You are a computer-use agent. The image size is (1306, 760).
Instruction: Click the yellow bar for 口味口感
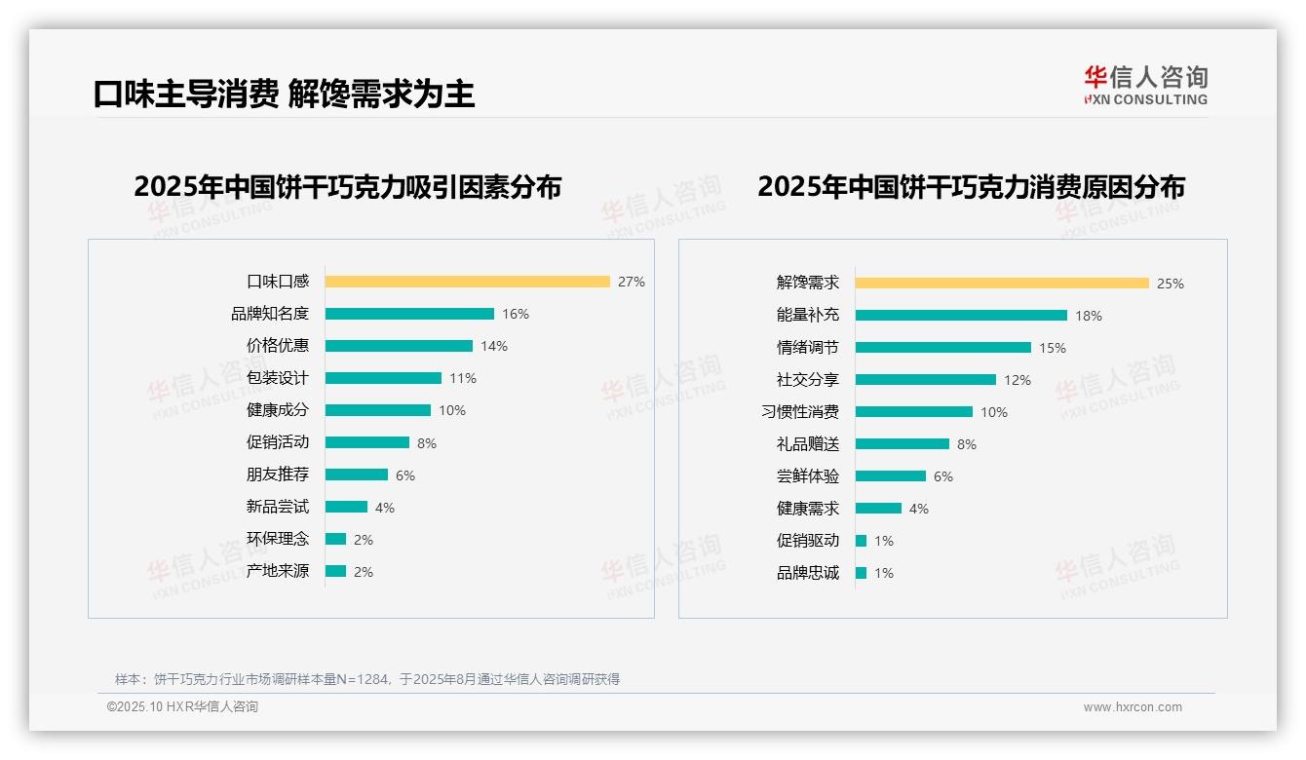467,282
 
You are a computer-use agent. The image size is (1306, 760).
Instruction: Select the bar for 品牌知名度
409,314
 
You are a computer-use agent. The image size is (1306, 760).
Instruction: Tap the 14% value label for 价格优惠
494,346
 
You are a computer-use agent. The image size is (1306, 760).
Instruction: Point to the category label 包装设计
277,378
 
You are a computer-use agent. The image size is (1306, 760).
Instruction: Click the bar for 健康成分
377,410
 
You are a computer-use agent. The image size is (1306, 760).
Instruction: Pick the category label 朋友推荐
277,475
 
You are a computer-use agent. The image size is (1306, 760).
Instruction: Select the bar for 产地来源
335,571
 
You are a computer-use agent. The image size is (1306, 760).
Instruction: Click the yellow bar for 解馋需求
1002,284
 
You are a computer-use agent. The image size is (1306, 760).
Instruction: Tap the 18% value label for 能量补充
1089,316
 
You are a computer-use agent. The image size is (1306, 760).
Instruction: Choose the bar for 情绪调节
942,348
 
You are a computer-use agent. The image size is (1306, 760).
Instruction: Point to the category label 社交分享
807,380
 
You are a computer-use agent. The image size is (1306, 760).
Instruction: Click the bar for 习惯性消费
913,412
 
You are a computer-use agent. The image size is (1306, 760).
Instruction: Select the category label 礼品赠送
807,444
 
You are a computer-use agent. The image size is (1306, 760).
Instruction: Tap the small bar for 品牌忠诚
861,573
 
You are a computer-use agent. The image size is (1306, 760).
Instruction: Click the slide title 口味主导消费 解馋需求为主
284,94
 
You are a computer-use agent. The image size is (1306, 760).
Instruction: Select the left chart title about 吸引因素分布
347,187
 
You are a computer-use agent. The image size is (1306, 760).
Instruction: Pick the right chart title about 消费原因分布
971,187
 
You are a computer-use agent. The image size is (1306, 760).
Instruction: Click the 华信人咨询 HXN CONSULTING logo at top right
1145,86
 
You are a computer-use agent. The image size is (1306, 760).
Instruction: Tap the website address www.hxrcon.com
1133,707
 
